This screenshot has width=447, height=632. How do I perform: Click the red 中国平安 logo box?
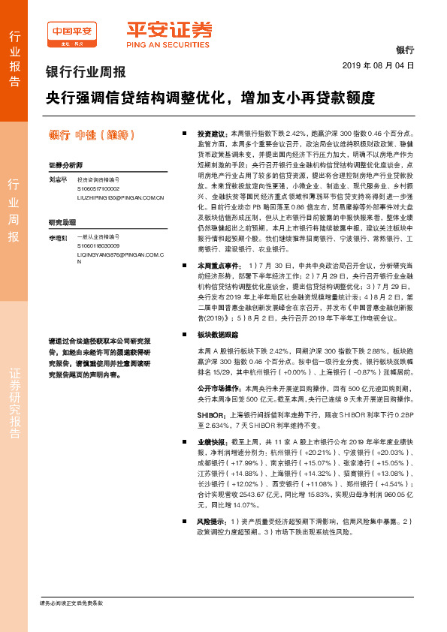click(x=72, y=31)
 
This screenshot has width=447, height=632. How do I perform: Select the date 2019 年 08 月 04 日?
click(x=378, y=66)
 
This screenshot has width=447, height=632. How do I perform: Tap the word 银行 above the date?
click(x=405, y=50)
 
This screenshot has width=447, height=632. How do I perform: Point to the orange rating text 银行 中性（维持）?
click(x=91, y=135)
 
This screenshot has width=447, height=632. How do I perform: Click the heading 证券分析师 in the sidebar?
click(x=65, y=164)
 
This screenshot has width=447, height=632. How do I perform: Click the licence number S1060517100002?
click(x=98, y=189)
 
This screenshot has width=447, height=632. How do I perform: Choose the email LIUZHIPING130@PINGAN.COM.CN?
click(x=121, y=197)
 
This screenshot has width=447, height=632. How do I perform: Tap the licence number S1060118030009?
click(x=98, y=245)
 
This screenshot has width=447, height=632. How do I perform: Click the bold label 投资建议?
click(x=211, y=131)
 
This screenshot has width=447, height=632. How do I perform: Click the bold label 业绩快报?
click(x=211, y=443)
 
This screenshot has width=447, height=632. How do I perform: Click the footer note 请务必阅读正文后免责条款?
click(x=71, y=603)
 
